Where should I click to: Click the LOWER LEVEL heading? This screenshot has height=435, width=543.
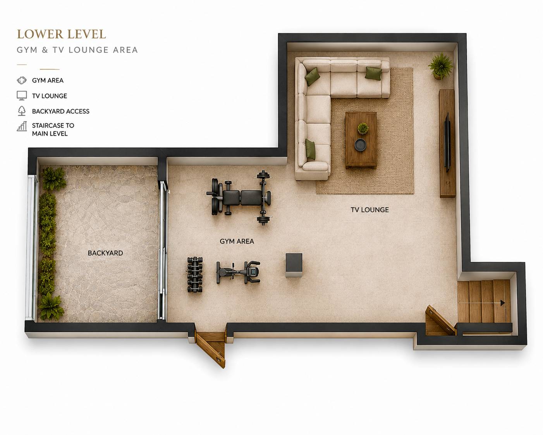point(61,35)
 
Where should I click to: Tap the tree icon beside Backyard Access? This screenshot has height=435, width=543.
point(22,111)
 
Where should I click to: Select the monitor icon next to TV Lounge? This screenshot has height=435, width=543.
point(22,96)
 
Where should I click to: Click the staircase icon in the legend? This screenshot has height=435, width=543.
point(22,126)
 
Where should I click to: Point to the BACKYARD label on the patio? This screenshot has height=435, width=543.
point(105,253)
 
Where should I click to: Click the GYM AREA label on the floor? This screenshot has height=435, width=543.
point(237,241)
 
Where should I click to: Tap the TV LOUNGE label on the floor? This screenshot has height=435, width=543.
point(369,210)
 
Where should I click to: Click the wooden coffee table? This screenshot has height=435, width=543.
point(361,140)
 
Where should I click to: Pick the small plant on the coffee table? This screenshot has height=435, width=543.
point(363,129)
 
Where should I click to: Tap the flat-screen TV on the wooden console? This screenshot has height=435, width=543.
point(447,142)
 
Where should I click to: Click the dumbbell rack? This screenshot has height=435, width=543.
point(195,274)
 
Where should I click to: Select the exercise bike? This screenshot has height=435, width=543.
point(238,272)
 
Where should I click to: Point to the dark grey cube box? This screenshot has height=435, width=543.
point(294,265)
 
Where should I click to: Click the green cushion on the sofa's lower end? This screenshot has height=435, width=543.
point(310,149)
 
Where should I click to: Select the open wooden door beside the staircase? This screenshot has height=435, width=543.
point(440,320)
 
